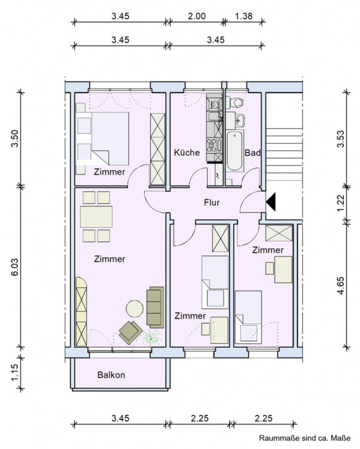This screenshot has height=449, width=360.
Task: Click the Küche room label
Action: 187,152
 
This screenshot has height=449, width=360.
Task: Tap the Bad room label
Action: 252,153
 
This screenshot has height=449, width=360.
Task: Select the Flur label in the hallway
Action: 212,203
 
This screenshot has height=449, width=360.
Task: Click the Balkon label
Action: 111,375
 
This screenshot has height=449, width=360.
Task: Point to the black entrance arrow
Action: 270,202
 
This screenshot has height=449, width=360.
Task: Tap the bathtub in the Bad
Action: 235,151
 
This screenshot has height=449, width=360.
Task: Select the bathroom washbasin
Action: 240,120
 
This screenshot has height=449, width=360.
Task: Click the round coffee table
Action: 135,308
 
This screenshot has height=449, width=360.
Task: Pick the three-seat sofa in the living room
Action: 155,307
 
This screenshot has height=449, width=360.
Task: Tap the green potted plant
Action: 151,337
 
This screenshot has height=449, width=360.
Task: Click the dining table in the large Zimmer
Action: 96,217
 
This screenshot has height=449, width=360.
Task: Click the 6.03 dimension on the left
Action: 14,267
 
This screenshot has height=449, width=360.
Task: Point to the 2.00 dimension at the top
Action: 197,16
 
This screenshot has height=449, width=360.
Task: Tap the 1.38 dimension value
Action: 243,16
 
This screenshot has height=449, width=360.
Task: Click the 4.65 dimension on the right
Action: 341,285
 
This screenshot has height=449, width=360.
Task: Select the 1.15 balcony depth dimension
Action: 14,372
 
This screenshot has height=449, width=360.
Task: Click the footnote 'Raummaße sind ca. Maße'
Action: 304,438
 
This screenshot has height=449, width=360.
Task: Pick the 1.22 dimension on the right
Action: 341,204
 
